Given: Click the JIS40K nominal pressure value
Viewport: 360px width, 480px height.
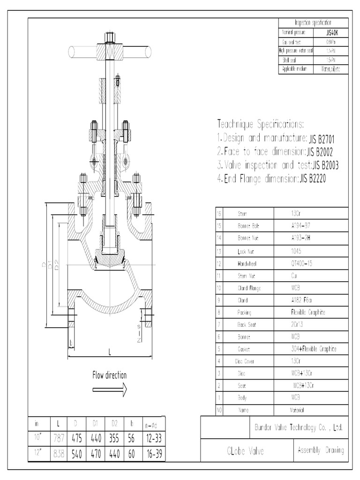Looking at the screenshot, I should tap(330, 33).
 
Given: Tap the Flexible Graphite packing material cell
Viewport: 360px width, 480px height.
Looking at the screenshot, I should tap(308, 312).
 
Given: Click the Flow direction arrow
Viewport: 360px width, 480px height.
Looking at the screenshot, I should tap(109, 389).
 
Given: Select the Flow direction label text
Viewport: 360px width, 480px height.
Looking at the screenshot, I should tap(109, 375).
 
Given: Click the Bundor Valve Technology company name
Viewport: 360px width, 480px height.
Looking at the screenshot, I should tap(298, 427).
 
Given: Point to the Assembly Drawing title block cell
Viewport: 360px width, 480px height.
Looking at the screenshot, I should tap(321, 450).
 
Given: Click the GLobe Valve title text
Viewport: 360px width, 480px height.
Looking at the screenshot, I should tap(246, 451).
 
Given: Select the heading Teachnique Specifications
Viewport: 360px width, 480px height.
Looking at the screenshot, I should tap(261, 124).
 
